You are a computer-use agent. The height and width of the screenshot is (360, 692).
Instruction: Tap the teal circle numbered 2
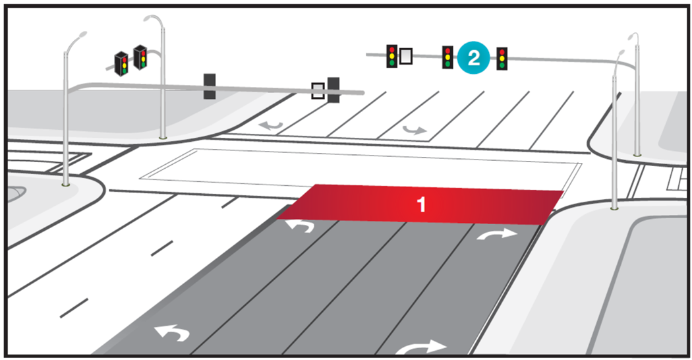(x=473, y=57)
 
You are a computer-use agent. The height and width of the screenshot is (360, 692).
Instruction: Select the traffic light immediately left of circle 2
(x=447, y=57)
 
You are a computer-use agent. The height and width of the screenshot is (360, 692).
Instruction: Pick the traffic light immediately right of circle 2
(x=502, y=58)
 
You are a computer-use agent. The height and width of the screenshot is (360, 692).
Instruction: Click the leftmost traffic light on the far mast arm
(x=391, y=56)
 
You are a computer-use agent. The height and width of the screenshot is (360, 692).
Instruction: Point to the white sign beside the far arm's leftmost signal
(x=406, y=57)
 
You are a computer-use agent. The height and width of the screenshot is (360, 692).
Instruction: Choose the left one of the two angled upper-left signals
(x=121, y=63)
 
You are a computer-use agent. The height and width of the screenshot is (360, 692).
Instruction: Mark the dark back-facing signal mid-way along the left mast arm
(x=210, y=86)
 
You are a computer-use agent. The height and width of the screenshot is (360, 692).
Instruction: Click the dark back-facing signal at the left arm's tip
(x=333, y=90)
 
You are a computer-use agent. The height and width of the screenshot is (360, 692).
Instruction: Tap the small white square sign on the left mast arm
(x=318, y=90)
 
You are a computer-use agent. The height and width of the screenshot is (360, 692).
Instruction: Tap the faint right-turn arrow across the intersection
(x=415, y=130)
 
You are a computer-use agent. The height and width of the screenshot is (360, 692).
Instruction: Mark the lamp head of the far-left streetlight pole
(x=80, y=34)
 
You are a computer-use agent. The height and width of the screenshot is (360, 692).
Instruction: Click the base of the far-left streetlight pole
(x=65, y=185)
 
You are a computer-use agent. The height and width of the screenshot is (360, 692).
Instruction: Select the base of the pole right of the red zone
(x=614, y=208)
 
